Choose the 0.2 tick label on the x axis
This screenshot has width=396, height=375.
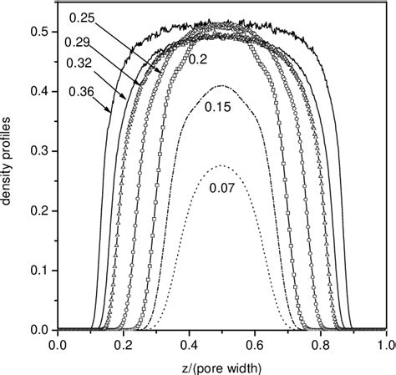tap(124, 343)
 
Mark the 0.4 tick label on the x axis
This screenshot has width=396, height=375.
tap(189, 343)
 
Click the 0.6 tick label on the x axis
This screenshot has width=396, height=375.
tap(255, 343)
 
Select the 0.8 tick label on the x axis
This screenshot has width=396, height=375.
tap(321, 343)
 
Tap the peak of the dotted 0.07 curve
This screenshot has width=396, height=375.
tap(221, 165)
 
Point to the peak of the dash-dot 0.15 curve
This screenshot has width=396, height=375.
tap(221, 86)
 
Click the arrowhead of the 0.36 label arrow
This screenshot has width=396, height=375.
tap(111, 113)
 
